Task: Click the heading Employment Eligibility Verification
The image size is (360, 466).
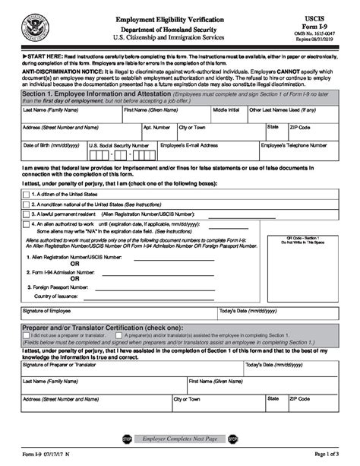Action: click(169, 17)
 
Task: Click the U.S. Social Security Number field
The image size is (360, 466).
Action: click(121, 155)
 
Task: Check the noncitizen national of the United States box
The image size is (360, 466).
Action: click(27, 205)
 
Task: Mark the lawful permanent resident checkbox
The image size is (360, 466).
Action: click(27, 215)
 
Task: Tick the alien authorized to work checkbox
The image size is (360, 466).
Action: click(27, 225)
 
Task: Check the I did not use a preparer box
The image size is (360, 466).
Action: click(27, 334)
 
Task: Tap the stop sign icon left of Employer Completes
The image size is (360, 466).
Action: click(127, 439)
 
